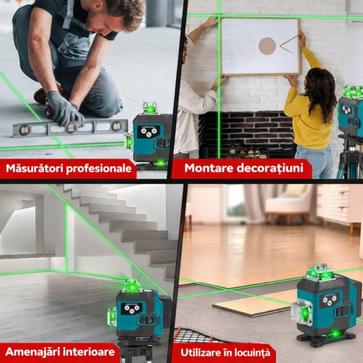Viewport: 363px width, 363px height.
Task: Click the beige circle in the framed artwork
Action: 267,46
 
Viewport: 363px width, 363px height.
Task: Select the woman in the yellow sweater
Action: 311,114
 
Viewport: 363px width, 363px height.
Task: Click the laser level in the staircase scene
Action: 137,311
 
